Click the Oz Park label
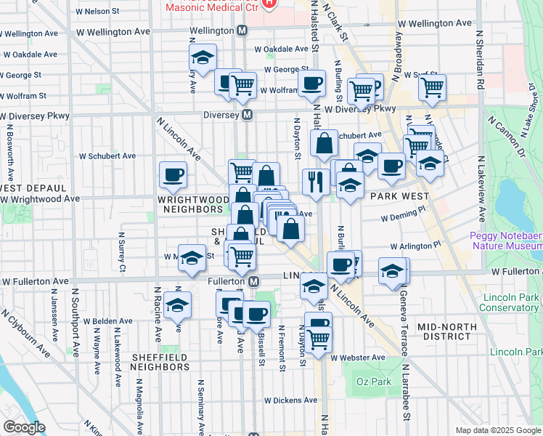tap(375, 382)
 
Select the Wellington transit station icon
tap(242, 31)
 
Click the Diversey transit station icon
tap(248, 115)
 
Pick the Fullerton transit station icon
tap(253, 281)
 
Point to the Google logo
tap(24, 427)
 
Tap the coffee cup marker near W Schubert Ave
tap(173, 174)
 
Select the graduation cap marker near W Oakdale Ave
tap(203, 57)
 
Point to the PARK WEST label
tap(396, 196)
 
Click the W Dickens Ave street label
tap(290, 400)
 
